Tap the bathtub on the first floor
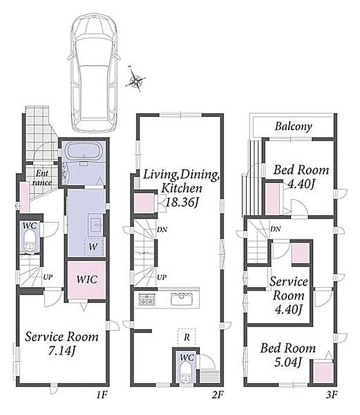(x=84, y=151)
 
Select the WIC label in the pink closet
(x=87, y=279)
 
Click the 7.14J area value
(x=61, y=350)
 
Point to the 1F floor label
(x=102, y=395)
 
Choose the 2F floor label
(x=218, y=395)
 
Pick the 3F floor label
(x=332, y=395)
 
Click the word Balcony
(x=293, y=126)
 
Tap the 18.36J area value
(x=182, y=202)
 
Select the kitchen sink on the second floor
(x=181, y=299)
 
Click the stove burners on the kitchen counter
(x=147, y=299)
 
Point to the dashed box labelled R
(x=186, y=337)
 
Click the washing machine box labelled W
(x=93, y=247)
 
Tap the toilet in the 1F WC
(x=30, y=241)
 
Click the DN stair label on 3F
(x=275, y=229)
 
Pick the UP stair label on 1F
(x=48, y=277)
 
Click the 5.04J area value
(x=288, y=362)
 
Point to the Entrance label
(x=42, y=178)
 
